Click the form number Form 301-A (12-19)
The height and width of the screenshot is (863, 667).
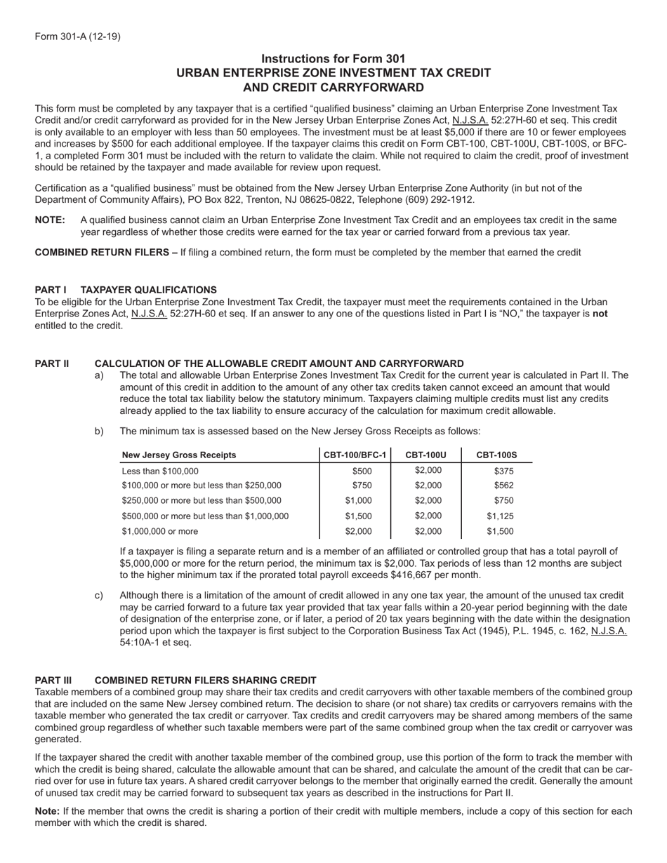click(x=77, y=36)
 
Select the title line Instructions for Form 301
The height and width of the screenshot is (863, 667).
click(x=333, y=59)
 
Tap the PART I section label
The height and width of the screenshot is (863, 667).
click(x=51, y=290)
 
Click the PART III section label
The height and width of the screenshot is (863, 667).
click(x=53, y=680)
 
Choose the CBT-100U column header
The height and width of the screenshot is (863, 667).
click(x=426, y=455)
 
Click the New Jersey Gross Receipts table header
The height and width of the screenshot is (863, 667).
click(x=179, y=455)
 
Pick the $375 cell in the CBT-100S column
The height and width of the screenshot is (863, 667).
click(x=503, y=471)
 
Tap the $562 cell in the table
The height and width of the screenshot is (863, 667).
click(x=503, y=485)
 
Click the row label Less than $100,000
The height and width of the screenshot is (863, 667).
click(x=160, y=471)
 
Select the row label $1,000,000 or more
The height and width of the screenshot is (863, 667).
click(x=160, y=531)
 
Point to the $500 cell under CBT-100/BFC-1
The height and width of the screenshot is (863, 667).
click(x=362, y=471)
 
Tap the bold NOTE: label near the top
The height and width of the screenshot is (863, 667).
click(x=50, y=220)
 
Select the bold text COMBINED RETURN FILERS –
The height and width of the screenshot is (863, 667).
click(x=106, y=253)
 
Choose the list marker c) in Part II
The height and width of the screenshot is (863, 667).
click(x=99, y=596)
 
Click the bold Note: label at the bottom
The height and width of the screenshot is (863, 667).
click(x=47, y=810)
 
